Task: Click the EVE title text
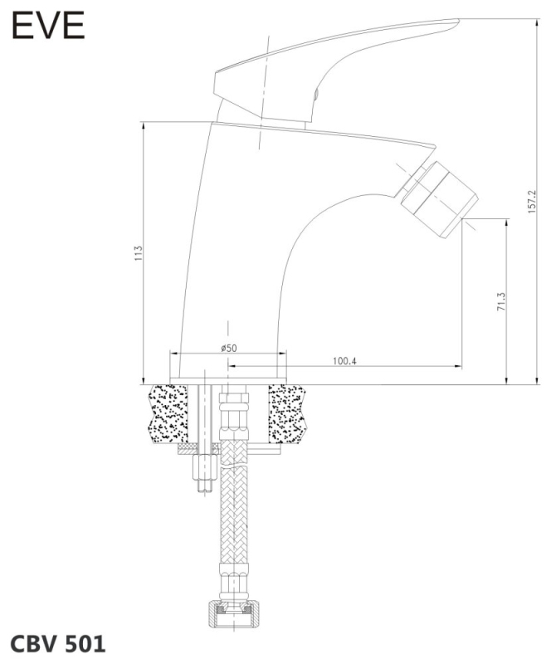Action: tap(48, 26)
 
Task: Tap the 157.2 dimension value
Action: tap(532, 202)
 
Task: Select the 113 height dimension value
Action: tap(139, 253)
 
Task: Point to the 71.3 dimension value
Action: tap(501, 302)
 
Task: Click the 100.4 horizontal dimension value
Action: tap(344, 361)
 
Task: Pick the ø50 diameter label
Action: tap(229, 348)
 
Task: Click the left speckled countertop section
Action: tap(168, 413)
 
